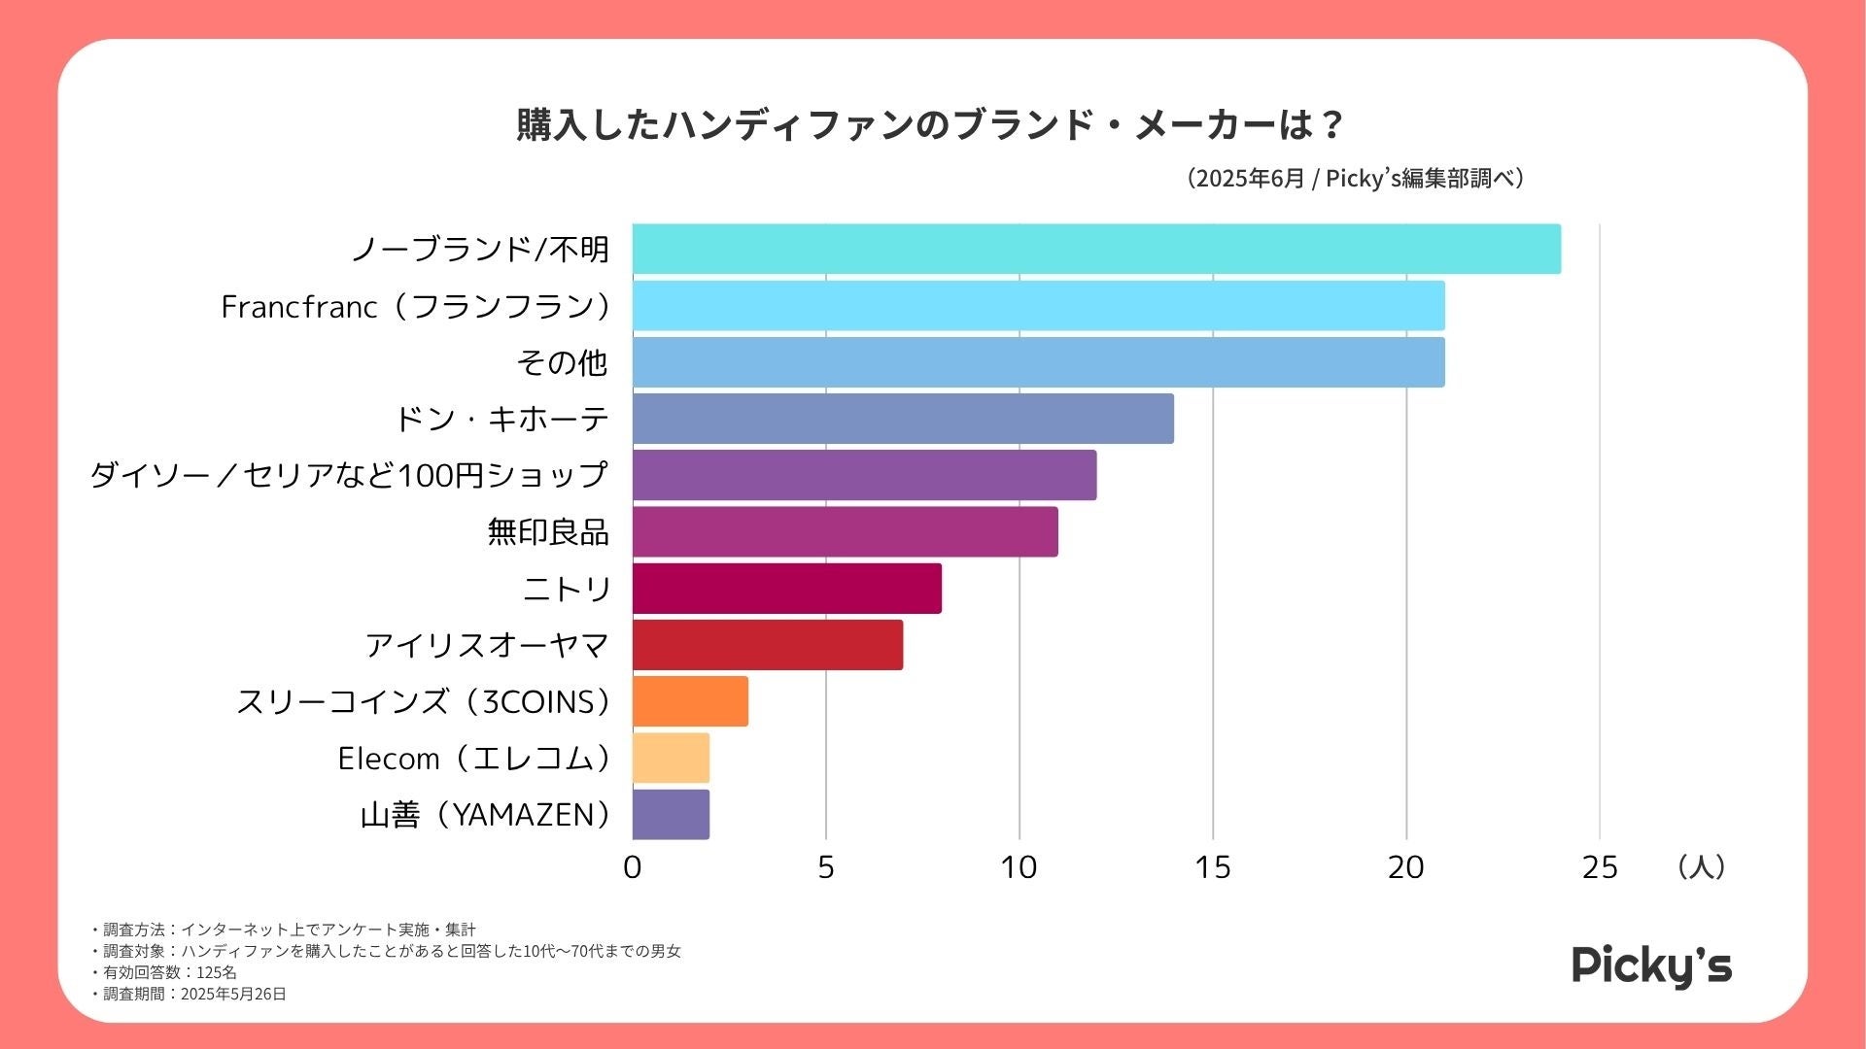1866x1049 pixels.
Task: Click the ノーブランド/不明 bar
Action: point(1096,250)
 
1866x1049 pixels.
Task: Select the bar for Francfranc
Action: point(1038,306)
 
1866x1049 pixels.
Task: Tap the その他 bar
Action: point(1038,362)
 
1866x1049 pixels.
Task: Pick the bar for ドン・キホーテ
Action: point(903,419)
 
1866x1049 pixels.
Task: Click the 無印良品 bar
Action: point(845,531)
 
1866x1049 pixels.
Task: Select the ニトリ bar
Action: point(786,589)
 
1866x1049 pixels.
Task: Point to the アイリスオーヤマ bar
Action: point(767,645)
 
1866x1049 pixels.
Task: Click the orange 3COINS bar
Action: point(690,701)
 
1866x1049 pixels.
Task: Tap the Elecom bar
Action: point(671,758)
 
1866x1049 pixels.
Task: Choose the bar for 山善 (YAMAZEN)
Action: point(671,814)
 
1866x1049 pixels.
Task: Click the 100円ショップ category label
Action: point(349,475)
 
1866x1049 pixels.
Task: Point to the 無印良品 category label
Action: point(548,532)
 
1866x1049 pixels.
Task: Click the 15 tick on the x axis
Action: point(1212,867)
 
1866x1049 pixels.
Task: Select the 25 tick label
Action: point(1599,867)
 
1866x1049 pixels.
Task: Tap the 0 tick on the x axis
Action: point(633,867)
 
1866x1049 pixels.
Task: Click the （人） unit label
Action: point(1701,866)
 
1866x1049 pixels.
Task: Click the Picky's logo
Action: point(1651,966)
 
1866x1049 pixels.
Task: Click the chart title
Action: point(930,125)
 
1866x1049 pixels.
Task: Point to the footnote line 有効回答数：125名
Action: point(164,972)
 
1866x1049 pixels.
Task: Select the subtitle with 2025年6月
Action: point(1356,179)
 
